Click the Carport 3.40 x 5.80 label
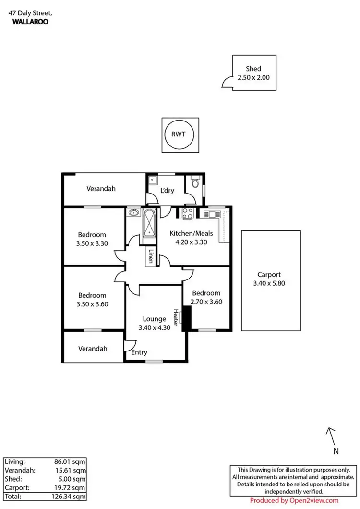click(x=269, y=279)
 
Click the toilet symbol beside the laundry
click(x=195, y=183)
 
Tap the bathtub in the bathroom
click(x=150, y=224)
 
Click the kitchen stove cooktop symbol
click(x=188, y=214)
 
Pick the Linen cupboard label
click(x=151, y=256)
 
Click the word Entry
click(x=139, y=353)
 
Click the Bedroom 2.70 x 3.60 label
click(x=206, y=297)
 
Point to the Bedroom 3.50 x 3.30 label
click(x=92, y=239)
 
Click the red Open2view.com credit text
click(x=301, y=500)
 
